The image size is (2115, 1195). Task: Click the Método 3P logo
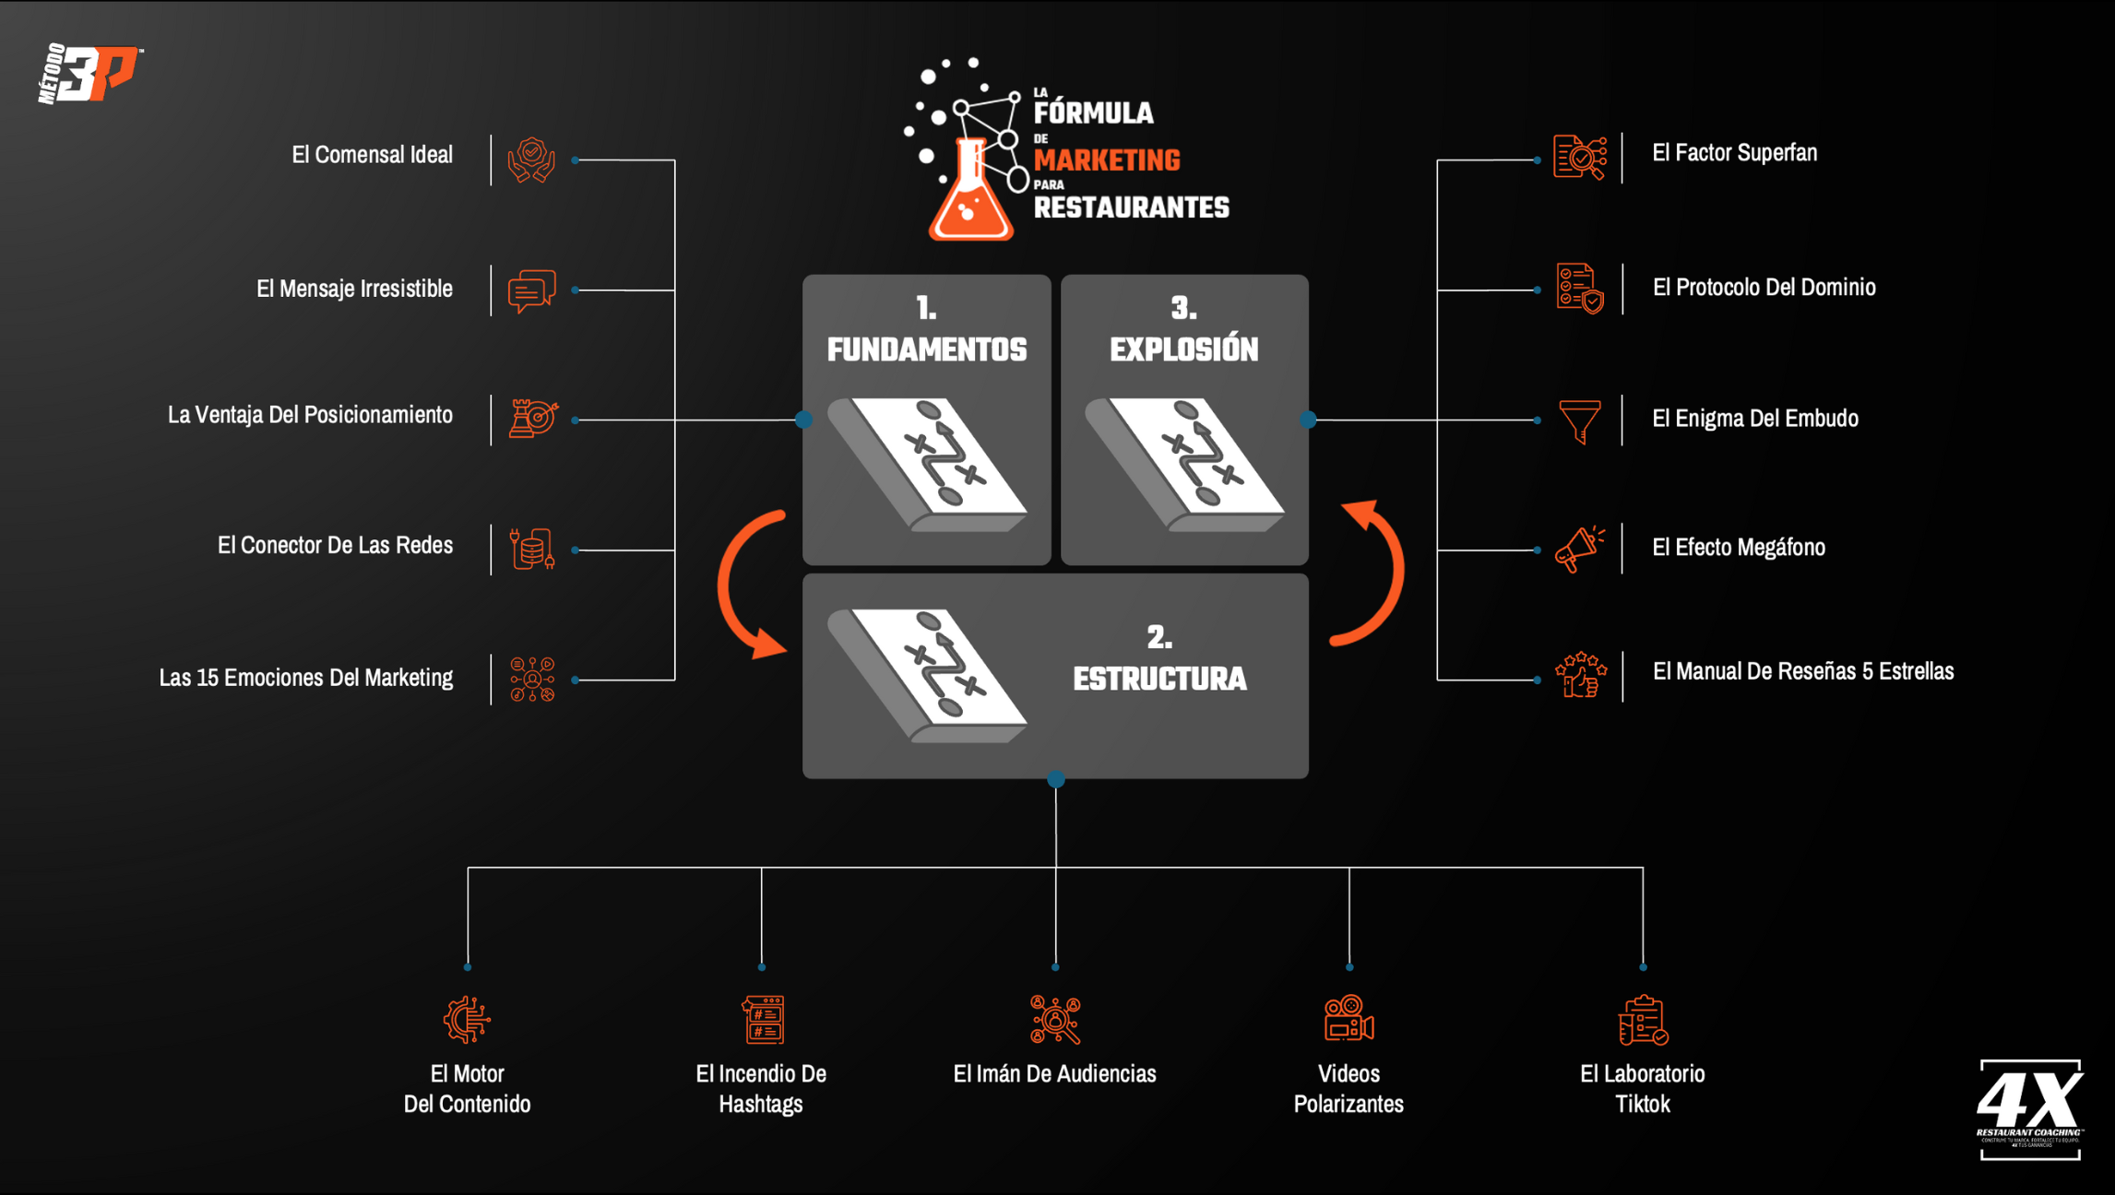pyautogui.click(x=89, y=73)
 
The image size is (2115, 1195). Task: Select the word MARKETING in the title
pyautogui.click(x=1107, y=160)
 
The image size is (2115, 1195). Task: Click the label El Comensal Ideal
pyautogui.click(x=372, y=154)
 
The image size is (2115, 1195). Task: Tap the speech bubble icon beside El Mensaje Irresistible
pyautogui.click(x=532, y=290)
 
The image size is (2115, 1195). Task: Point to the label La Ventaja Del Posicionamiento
pyautogui.click(x=310, y=415)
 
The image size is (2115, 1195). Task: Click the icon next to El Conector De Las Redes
pyautogui.click(x=532, y=549)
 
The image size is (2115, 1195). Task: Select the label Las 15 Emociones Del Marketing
pyautogui.click(x=305, y=678)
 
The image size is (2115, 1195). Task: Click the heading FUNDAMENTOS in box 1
pyautogui.click(x=926, y=349)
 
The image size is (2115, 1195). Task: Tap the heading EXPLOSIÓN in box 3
pyautogui.click(x=1183, y=349)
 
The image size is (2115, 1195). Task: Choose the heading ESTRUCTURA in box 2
pyautogui.click(x=1159, y=679)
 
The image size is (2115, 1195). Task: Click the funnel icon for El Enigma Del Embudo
pyautogui.click(x=1579, y=420)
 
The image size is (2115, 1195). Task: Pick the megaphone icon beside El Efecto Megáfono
pyautogui.click(x=1579, y=549)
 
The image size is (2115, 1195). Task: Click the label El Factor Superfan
pyautogui.click(x=1734, y=153)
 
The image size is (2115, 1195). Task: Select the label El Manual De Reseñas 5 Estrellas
pyautogui.click(x=1802, y=671)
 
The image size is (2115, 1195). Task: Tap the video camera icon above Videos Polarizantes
pyautogui.click(x=1349, y=1019)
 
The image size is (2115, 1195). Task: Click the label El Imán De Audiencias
pyautogui.click(x=1054, y=1073)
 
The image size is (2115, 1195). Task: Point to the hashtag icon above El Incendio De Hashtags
pyautogui.click(x=763, y=1019)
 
